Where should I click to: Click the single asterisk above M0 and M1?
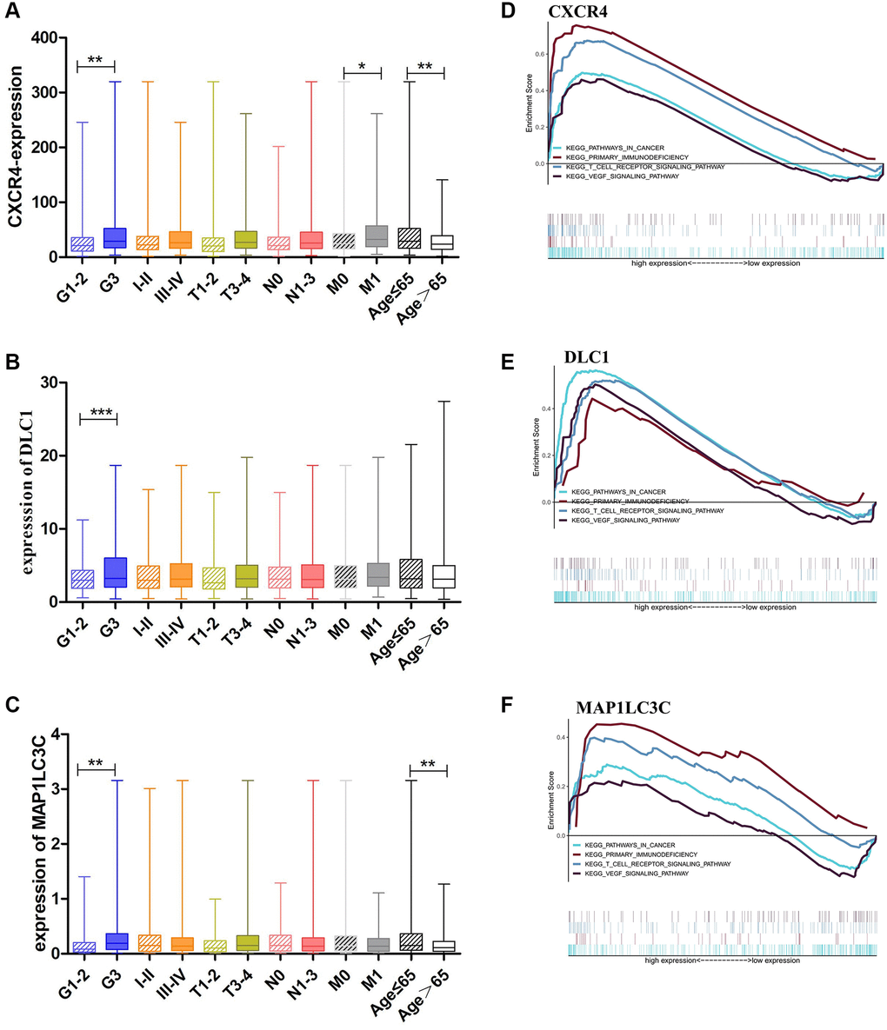click(x=362, y=65)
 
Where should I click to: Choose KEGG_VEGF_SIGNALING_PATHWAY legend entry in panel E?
click(x=625, y=520)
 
